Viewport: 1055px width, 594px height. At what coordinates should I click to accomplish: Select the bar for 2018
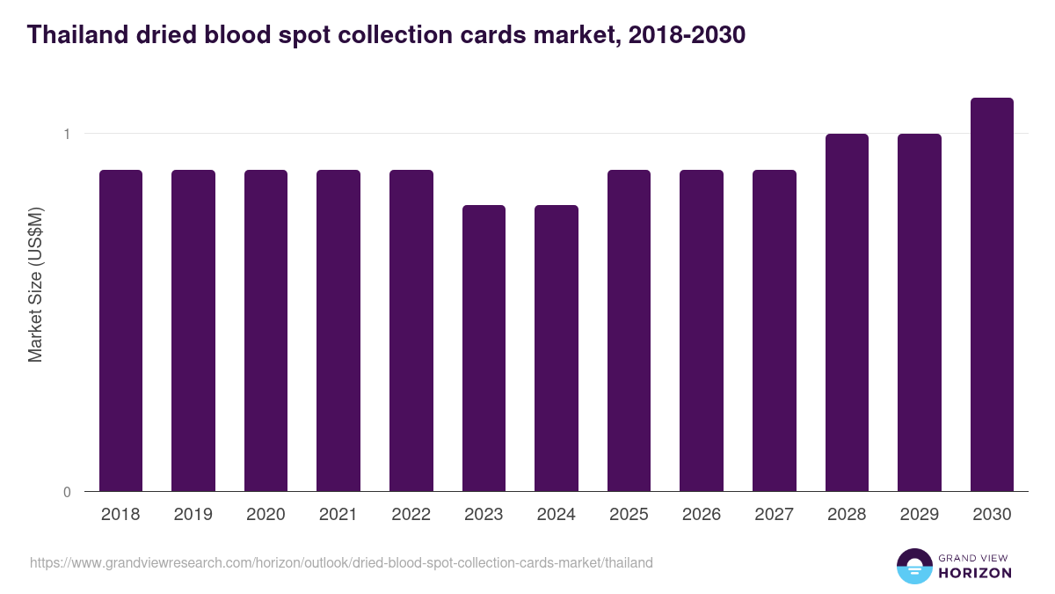pos(120,330)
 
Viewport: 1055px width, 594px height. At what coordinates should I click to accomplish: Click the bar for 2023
pos(484,348)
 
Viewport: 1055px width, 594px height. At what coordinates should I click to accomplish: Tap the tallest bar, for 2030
pos(992,294)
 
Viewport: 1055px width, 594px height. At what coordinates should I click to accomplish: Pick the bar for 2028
pos(847,312)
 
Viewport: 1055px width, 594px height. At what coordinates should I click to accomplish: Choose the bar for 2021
pos(338,330)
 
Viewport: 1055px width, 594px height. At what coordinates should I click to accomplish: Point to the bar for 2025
pos(629,330)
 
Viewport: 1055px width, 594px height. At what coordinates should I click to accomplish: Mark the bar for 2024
pos(557,348)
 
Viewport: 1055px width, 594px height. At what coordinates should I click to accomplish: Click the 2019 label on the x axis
pos(193,515)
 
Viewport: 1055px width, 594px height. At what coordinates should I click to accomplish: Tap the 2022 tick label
pos(411,515)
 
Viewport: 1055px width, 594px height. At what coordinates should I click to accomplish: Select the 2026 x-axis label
pos(702,515)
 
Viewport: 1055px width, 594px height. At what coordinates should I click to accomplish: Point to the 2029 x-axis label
pos(919,515)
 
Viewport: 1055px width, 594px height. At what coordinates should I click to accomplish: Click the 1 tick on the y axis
pos(66,134)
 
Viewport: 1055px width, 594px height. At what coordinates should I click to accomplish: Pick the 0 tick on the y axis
pos(66,492)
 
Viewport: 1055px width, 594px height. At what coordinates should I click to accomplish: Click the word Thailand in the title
pos(74,35)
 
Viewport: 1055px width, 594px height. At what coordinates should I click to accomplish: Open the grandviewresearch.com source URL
pos(341,562)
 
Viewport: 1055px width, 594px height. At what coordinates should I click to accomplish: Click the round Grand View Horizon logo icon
pos(913,566)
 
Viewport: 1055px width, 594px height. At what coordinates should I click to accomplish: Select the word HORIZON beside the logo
pos(976,573)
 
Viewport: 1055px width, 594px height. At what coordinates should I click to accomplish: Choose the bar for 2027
pos(775,330)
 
